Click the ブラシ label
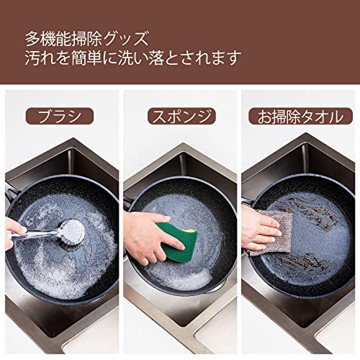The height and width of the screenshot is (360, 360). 59,116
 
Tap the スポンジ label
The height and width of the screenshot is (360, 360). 181,116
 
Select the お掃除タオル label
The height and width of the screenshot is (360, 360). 300,117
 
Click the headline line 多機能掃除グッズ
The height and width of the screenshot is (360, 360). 87,38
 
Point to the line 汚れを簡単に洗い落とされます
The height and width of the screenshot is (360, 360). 133,58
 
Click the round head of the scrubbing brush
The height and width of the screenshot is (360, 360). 73,231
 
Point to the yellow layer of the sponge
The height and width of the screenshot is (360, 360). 192,231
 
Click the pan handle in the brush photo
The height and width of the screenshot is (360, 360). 10,192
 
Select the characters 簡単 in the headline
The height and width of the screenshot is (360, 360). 87,58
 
